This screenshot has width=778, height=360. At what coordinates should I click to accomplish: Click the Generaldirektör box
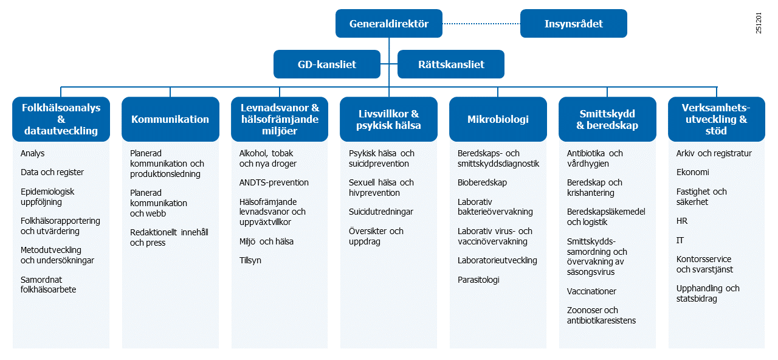pyautogui.click(x=389, y=24)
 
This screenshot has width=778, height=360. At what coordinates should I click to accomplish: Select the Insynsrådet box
pyautogui.click(x=574, y=24)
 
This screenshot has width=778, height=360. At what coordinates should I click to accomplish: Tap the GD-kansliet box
pyautogui.click(x=327, y=64)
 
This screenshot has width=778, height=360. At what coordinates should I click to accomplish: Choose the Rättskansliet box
pyautogui.click(x=451, y=64)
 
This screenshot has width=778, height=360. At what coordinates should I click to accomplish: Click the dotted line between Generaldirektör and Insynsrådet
pyautogui.click(x=481, y=24)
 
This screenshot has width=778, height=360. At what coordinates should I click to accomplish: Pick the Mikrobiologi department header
pyautogui.click(x=498, y=119)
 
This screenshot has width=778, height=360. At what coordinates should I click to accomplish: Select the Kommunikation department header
pyautogui.click(x=170, y=119)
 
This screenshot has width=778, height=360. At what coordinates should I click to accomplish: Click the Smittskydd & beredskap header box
pyautogui.click(x=607, y=119)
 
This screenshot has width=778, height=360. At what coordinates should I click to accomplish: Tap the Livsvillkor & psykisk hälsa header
pyautogui.click(x=388, y=119)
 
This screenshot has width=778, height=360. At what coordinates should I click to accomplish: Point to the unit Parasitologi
pyautogui.click(x=478, y=280)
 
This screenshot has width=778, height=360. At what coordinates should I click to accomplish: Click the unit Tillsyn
pyautogui.click(x=250, y=260)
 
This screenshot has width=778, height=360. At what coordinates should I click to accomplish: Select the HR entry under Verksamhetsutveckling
pyautogui.click(x=682, y=221)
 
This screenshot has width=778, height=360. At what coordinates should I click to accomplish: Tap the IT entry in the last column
pyautogui.click(x=680, y=240)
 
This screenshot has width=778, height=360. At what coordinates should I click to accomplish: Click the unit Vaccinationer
pyautogui.click(x=591, y=291)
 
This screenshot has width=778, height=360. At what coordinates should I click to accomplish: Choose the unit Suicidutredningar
pyautogui.click(x=381, y=212)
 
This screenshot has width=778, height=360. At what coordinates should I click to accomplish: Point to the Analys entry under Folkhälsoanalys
pyautogui.click(x=33, y=153)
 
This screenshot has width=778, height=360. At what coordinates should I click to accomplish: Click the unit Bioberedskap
pyautogui.click(x=482, y=182)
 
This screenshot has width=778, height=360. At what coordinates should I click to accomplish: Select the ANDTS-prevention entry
pyautogui.click(x=274, y=182)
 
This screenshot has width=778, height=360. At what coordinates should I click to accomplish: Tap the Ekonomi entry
pyautogui.click(x=692, y=172)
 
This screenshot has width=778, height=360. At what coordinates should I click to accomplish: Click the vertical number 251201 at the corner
pyautogui.click(x=759, y=22)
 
